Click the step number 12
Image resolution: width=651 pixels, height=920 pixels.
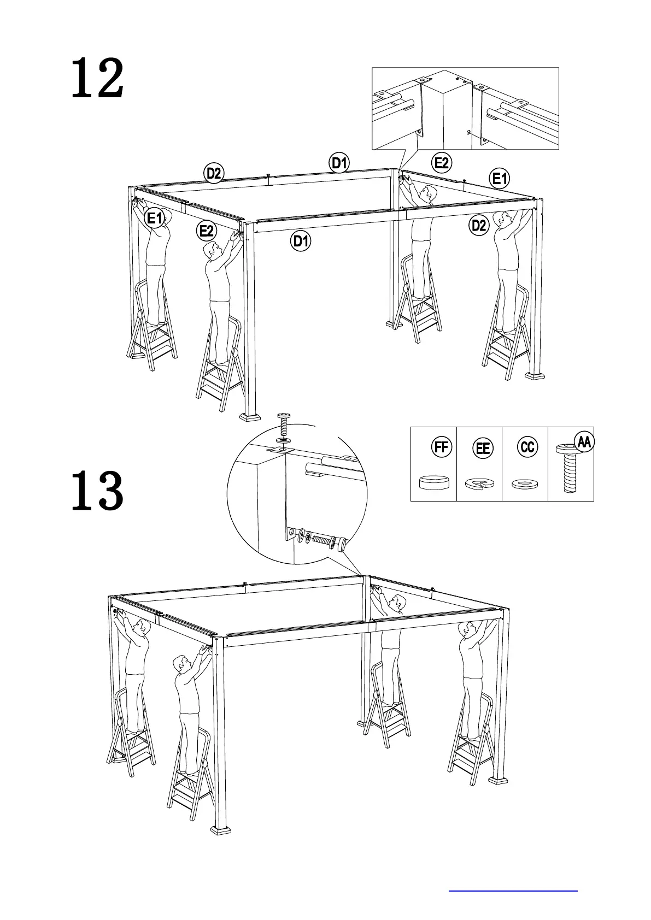point(97,80)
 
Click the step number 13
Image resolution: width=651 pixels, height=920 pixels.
point(97,491)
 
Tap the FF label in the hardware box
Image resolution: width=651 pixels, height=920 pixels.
point(441,447)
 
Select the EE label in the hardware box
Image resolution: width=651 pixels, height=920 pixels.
point(483,449)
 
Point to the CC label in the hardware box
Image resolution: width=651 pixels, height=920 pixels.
point(527,447)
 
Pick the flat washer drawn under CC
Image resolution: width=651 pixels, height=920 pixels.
point(525,483)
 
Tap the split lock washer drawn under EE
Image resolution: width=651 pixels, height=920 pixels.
point(479,483)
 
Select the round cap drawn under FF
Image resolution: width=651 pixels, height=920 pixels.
point(433,482)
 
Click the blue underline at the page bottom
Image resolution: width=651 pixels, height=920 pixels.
point(513,891)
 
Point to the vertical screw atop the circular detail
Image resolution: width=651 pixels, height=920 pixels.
point(284,423)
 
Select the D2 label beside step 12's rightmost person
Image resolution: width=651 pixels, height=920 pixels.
point(479,225)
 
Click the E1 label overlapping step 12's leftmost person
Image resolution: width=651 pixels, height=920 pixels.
point(155,219)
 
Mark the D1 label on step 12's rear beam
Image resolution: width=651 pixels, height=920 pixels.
point(339,163)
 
